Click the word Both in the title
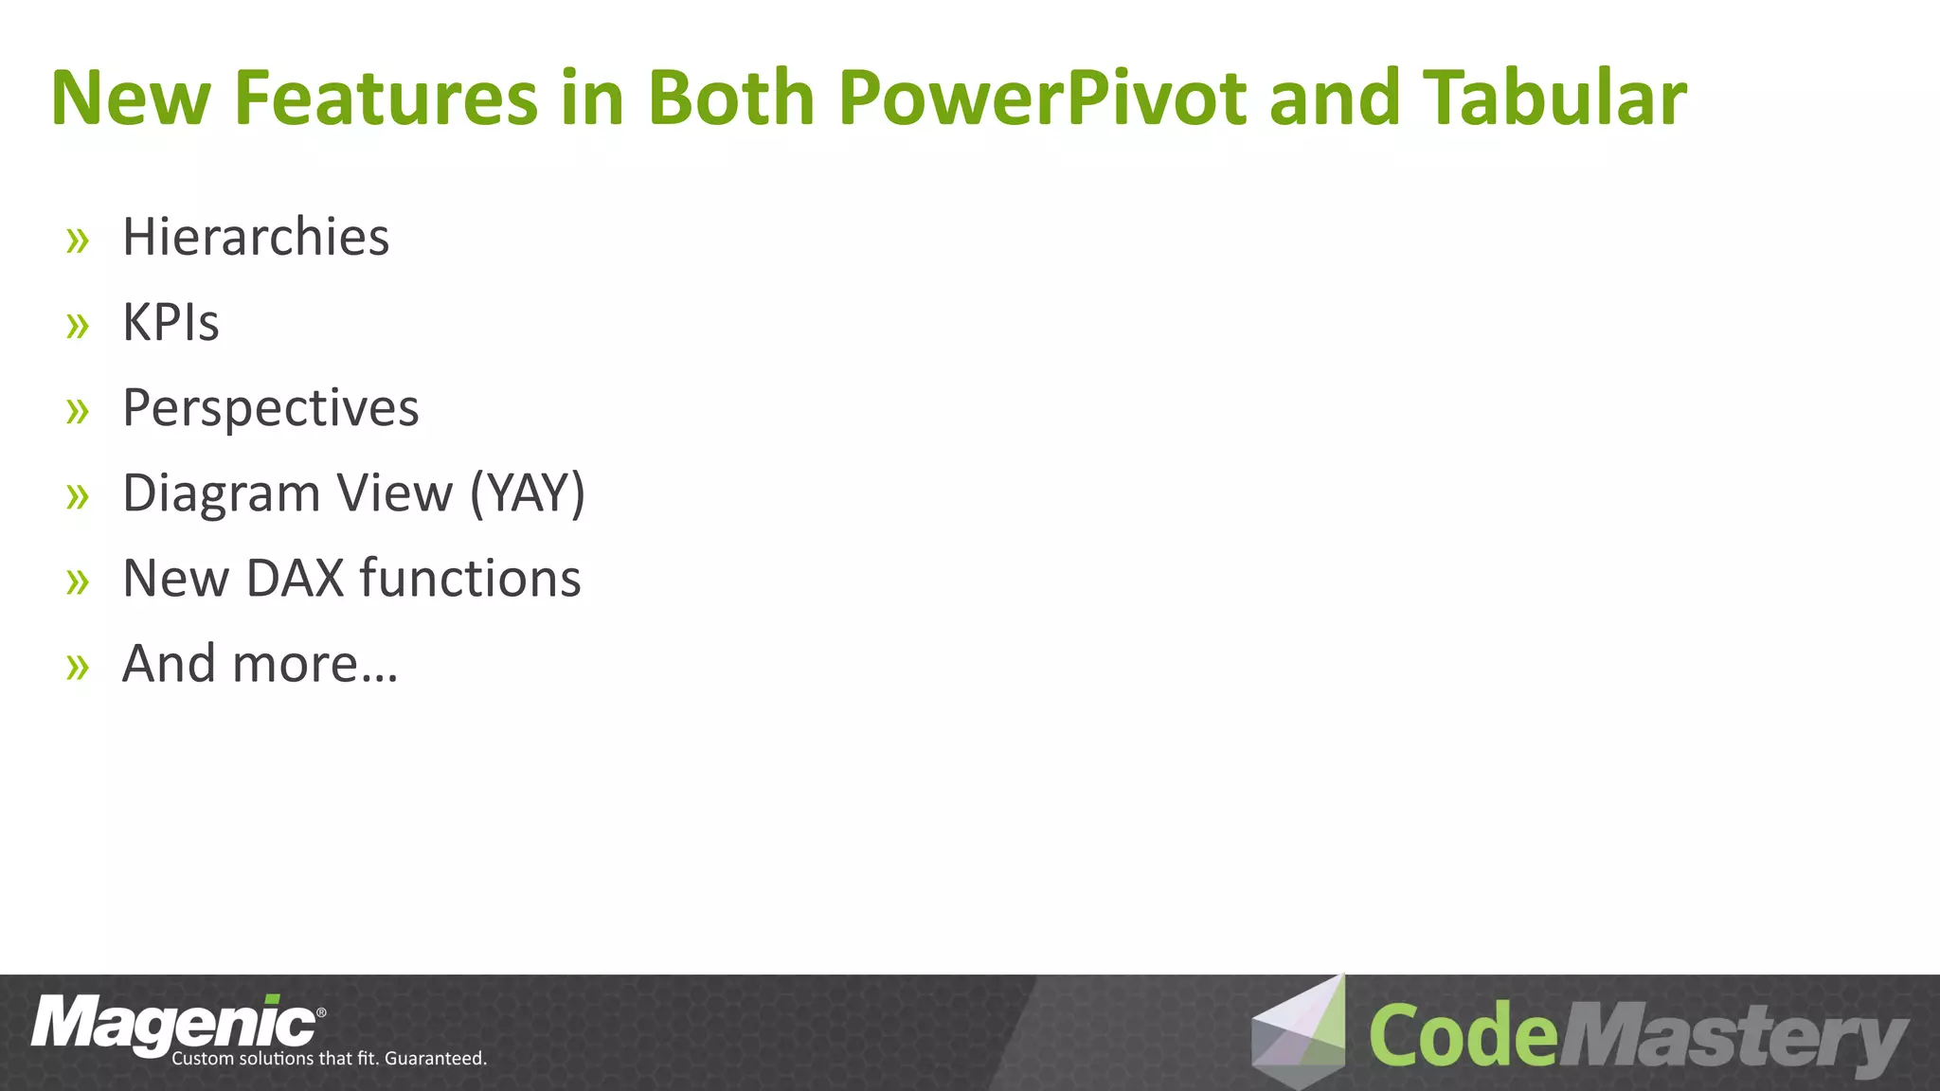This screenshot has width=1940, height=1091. tap(730, 98)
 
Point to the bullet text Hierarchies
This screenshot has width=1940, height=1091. tap(256, 237)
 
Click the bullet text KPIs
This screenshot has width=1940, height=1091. tap(171, 322)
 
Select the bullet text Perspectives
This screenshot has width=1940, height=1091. tap(271, 408)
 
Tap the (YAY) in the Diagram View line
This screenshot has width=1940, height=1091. tap(528, 493)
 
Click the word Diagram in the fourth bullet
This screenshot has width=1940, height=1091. tap(222, 493)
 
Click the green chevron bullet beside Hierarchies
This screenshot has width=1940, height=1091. tap(78, 241)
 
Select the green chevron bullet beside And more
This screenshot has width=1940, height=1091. tap(78, 668)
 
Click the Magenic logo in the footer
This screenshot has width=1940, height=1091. tap(175, 1024)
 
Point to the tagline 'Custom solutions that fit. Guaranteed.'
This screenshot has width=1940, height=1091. tap(329, 1059)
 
